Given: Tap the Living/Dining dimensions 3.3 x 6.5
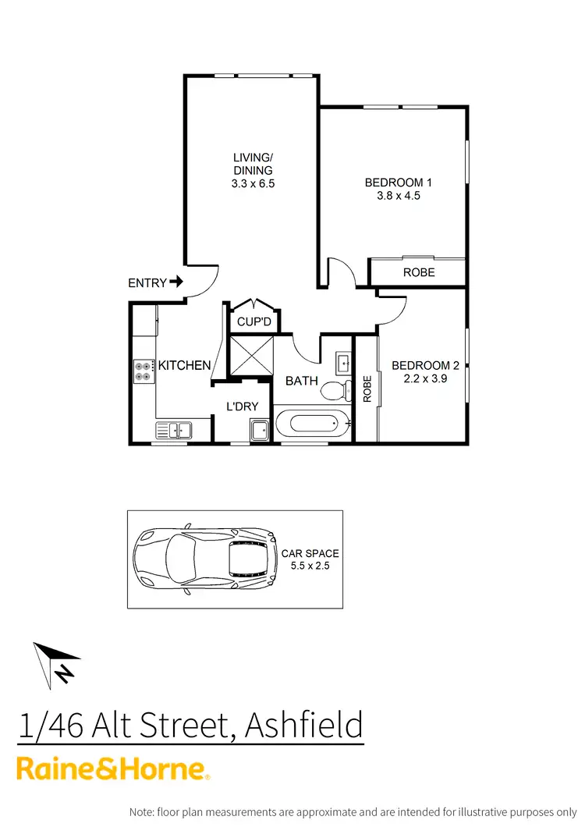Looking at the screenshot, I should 253,184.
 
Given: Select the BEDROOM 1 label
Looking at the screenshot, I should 399,183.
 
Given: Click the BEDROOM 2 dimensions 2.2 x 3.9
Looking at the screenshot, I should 425,378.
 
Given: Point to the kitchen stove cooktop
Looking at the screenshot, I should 144,371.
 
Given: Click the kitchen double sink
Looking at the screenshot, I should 174,430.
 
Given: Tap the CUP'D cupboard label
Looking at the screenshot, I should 253,321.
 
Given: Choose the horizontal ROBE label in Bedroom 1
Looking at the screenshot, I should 419,272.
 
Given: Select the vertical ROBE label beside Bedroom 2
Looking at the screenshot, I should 367,389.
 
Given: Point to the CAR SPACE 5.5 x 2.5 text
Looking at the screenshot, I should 310,559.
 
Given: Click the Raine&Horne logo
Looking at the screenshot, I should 114,768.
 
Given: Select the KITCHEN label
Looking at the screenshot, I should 185,365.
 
